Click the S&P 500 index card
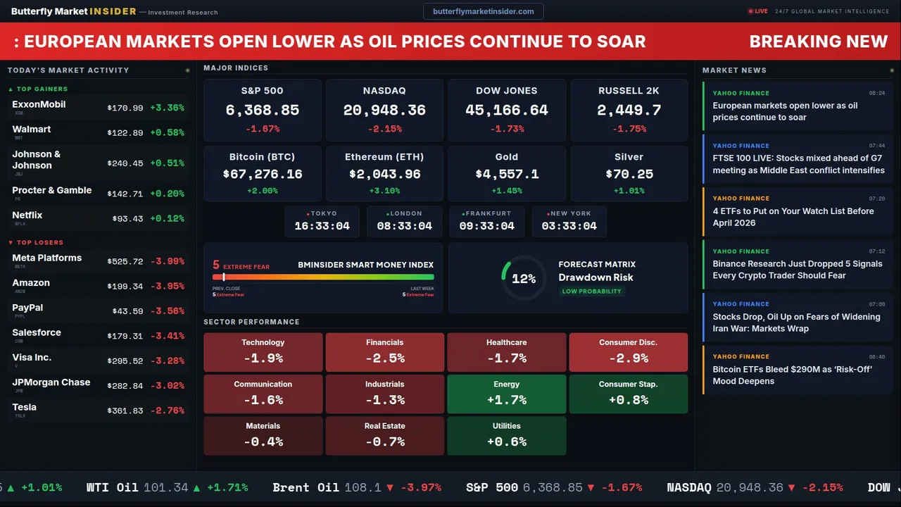pyautogui.click(x=262, y=109)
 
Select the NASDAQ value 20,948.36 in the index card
pyautogui.click(x=384, y=111)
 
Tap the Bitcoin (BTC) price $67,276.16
pyautogui.click(x=263, y=174)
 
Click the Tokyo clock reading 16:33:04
pyautogui.click(x=322, y=226)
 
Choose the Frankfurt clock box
pyautogui.click(x=486, y=220)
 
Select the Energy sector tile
pyautogui.click(x=507, y=394)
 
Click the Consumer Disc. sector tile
pyautogui.click(x=629, y=352)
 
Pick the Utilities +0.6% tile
pyautogui.click(x=507, y=435)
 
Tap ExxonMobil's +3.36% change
pyautogui.click(x=167, y=108)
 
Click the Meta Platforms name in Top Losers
pyautogui.click(x=47, y=258)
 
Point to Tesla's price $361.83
pyautogui.click(x=125, y=411)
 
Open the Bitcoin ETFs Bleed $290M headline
pyautogui.click(x=793, y=375)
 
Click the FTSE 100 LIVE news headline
pyautogui.click(x=798, y=164)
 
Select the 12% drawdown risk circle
pyautogui.click(x=524, y=279)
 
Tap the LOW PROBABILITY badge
pyautogui.click(x=591, y=292)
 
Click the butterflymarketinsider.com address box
pyautogui.click(x=484, y=11)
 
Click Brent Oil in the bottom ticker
pyautogui.click(x=306, y=487)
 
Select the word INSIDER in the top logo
pyautogui.click(x=113, y=12)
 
